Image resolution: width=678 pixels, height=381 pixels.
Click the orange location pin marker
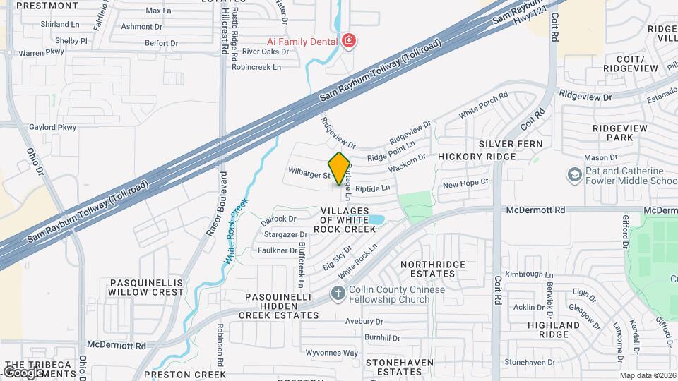(x=339, y=168)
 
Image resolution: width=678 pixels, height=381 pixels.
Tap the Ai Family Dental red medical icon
(x=347, y=42)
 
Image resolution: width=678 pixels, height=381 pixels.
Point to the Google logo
(x=23, y=373)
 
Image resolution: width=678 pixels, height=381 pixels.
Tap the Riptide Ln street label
(x=372, y=188)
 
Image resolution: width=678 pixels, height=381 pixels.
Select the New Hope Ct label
(x=465, y=183)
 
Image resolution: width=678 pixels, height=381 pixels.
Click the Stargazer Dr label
(x=285, y=234)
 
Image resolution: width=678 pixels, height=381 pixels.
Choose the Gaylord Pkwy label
(x=52, y=127)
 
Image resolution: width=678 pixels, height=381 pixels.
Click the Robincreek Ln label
(x=256, y=67)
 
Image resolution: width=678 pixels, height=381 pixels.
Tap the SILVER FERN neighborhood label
(x=511, y=143)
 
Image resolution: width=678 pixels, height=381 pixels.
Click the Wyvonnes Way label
(x=331, y=353)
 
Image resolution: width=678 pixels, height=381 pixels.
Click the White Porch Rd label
(x=484, y=104)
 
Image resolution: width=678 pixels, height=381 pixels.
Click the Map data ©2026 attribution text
(x=648, y=375)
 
